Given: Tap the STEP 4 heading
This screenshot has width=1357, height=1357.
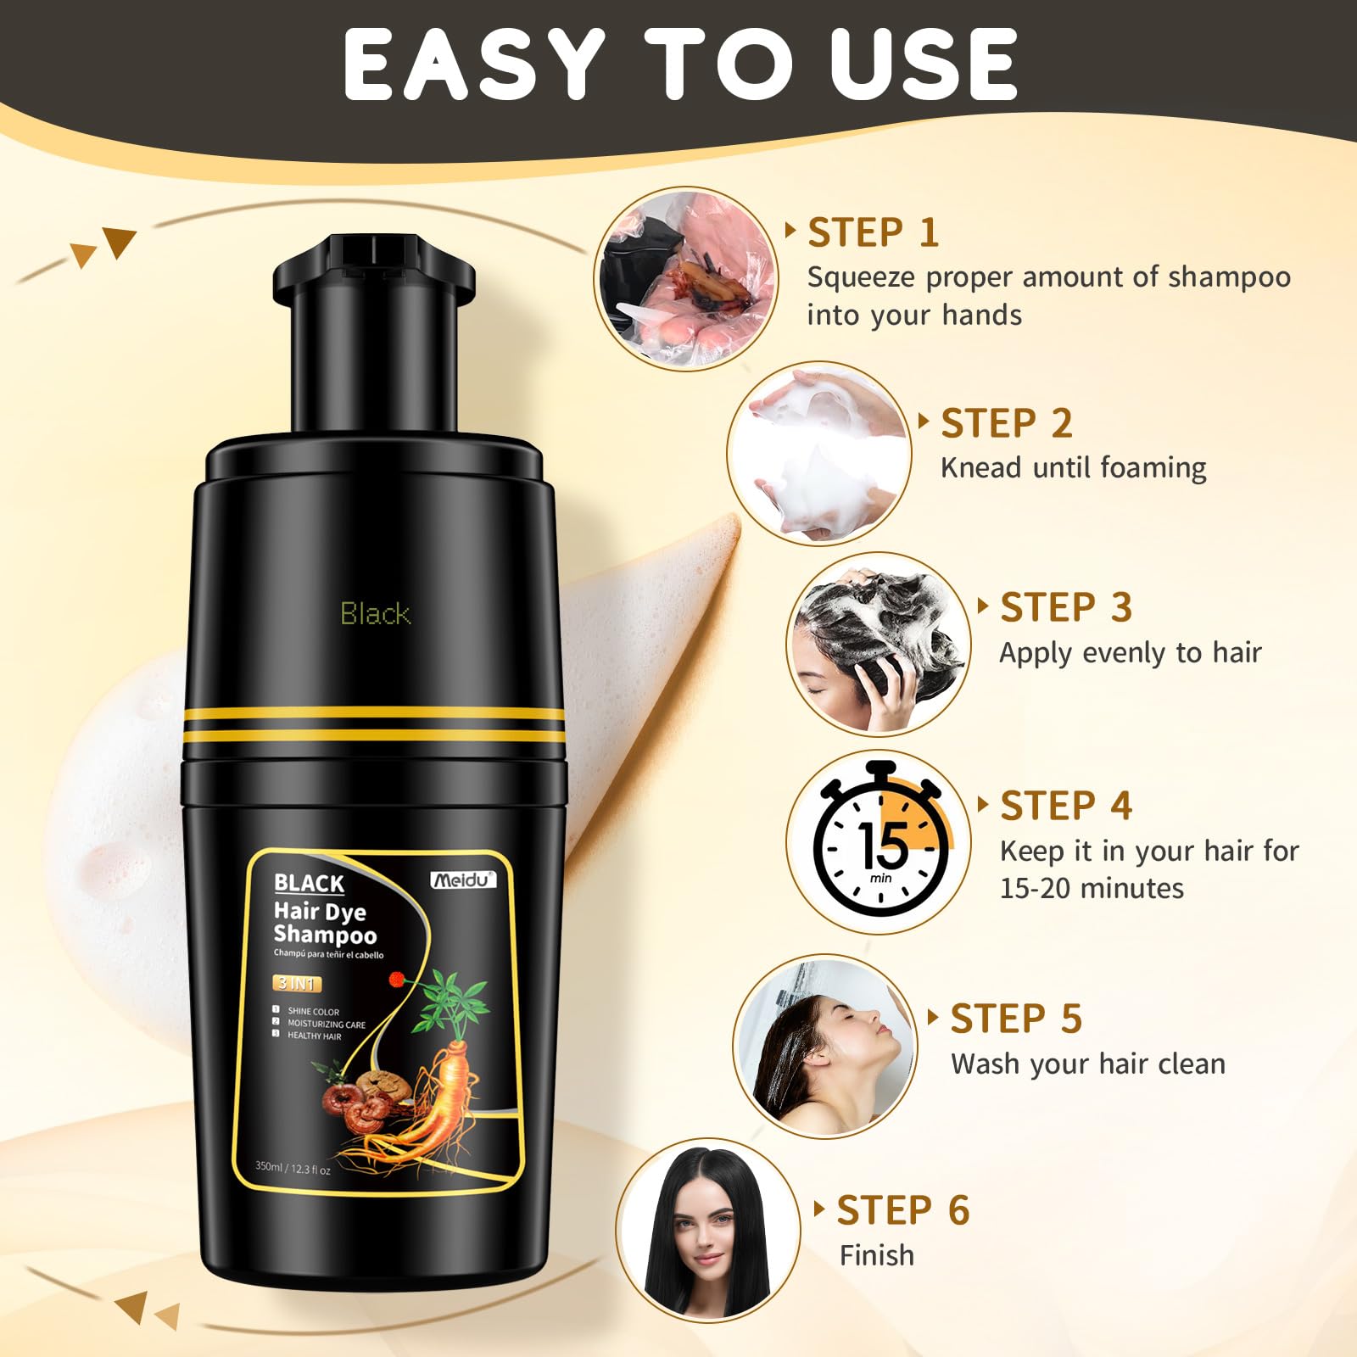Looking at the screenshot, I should [x=1066, y=806].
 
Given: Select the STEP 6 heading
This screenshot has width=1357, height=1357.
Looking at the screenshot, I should [x=902, y=1210].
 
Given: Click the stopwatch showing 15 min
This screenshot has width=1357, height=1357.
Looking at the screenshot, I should [x=880, y=842].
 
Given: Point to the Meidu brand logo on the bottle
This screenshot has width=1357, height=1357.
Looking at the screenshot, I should [x=463, y=880].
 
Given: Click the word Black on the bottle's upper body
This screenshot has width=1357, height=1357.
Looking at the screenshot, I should [x=376, y=613].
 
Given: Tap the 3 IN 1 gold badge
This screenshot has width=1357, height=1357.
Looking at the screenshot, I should [x=297, y=984].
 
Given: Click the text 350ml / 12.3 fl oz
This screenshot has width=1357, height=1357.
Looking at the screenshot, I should [x=293, y=1168].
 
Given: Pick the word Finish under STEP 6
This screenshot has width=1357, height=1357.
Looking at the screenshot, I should [x=877, y=1255].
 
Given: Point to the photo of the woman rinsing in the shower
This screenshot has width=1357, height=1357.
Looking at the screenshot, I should [x=824, y=1046].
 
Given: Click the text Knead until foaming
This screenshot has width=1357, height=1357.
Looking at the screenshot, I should [x=1073, y=468].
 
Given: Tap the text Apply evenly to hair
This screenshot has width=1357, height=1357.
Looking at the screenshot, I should [x=1130, y=653].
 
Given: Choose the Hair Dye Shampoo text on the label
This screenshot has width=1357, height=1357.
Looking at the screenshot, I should [x=325, y=923].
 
